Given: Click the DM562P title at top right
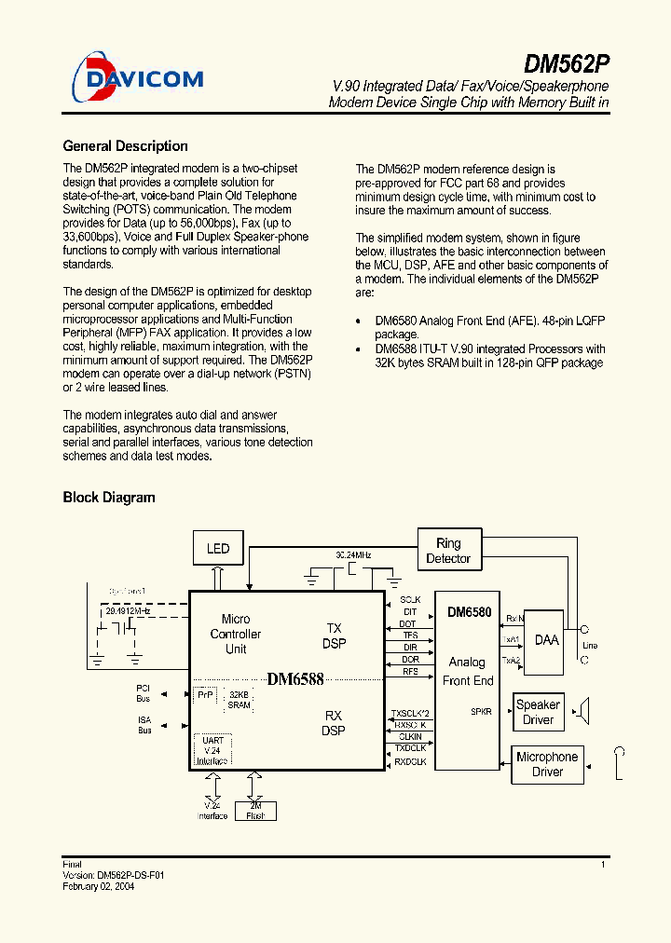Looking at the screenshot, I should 566,64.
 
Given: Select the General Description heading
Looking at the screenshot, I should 125,146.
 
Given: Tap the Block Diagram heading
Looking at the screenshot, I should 109,498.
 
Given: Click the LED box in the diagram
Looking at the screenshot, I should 217,548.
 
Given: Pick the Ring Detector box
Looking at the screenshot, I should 448,551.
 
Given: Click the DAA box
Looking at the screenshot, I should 546,640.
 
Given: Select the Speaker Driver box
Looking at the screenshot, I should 538,712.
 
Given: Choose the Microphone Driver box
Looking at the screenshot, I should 547,764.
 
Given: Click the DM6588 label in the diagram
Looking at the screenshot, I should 295,679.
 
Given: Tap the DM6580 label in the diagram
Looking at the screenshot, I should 469,612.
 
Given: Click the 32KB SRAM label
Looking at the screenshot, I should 239,700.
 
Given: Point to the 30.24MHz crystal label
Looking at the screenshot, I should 353,554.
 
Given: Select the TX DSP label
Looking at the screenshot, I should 334,636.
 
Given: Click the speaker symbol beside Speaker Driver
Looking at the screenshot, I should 582,712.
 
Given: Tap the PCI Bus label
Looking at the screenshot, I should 143,692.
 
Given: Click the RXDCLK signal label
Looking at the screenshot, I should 410,762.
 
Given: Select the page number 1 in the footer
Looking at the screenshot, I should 603,866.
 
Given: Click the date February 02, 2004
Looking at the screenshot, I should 99,887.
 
